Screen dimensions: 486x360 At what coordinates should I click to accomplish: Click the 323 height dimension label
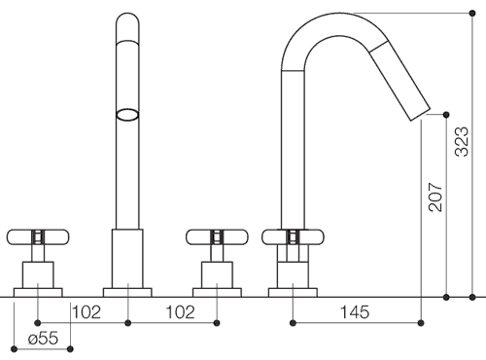click(x=462, y=142)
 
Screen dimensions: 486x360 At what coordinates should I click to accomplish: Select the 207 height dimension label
click(x=434, y=198)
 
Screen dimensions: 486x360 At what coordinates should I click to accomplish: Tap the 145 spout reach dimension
click(x=355, y=312)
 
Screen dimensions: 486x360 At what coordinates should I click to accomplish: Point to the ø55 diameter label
click(x=44, y=339)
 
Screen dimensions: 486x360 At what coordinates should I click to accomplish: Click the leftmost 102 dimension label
click(x=87, y=312)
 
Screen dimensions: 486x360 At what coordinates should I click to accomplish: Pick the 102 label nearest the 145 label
click(x=181, y=312)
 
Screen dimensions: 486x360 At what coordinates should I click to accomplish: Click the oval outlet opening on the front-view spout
click(x=127, y=115)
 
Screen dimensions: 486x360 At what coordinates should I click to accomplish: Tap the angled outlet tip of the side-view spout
click(x=421, y=114)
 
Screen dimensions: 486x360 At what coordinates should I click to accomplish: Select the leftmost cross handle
click(x=38, y=237)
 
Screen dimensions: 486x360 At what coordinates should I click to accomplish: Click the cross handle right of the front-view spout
click(x=217, y=237)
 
